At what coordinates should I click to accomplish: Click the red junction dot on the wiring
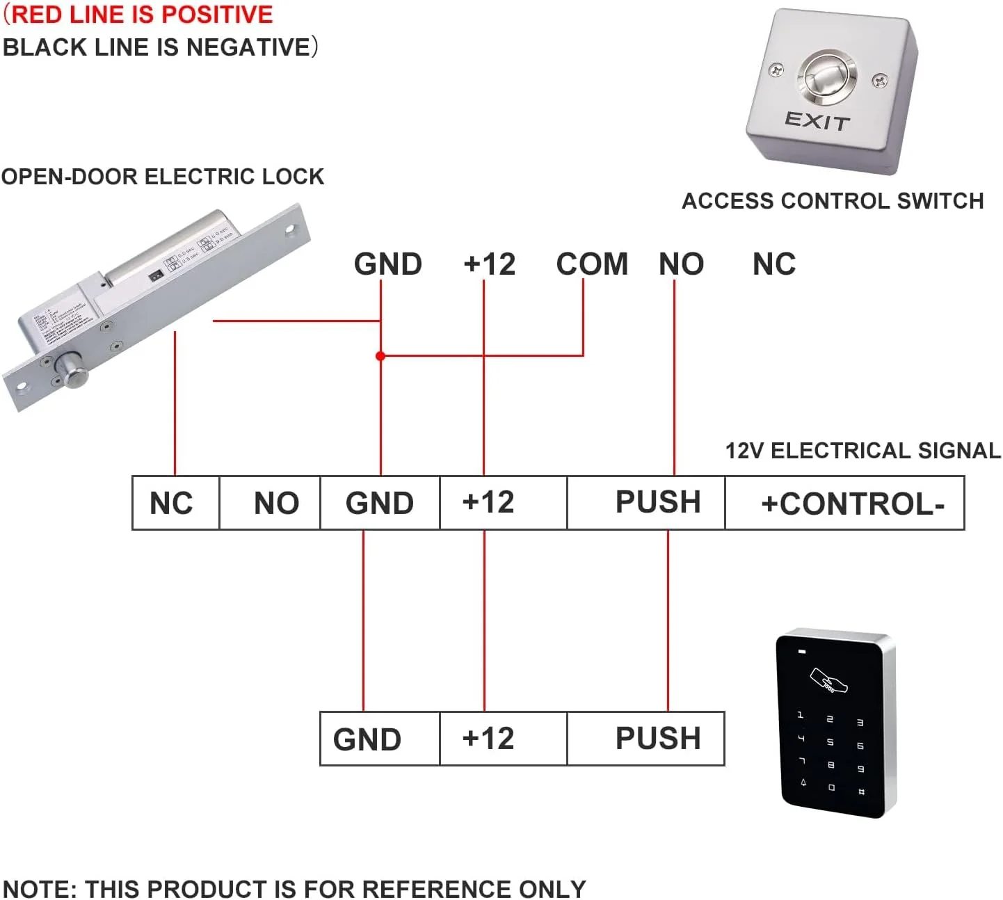[380, 356]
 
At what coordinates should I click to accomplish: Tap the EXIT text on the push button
[817, 121]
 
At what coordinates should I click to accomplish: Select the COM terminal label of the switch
[592, 264]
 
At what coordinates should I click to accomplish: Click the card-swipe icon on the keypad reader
[829, 681]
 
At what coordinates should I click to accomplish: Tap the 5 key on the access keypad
[830, 742]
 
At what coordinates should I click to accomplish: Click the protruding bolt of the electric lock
[72, 369]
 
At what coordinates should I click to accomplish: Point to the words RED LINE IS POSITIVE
[143, 15]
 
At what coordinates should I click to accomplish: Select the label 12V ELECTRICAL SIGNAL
[863, 451]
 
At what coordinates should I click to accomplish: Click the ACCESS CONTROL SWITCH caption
[833, 201]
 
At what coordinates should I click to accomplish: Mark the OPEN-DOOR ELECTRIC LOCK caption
[163, 177]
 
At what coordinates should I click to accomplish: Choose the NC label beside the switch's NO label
[773, 264]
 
